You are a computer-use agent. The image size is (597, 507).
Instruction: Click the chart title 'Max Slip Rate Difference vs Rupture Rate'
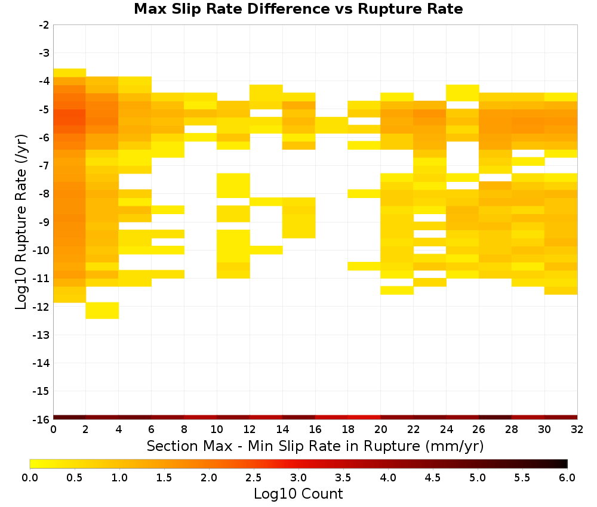[x=298, y=9]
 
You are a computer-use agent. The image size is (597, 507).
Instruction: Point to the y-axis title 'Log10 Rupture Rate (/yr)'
[x=21, y=222]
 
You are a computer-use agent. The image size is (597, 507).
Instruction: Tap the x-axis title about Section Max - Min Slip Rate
[x=315, y=446]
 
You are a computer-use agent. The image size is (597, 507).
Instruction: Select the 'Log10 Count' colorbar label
[x=298, y=494]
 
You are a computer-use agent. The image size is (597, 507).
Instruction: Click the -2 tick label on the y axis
[x=44, y=25]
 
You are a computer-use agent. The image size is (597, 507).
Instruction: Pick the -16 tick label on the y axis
[x=42, y=419]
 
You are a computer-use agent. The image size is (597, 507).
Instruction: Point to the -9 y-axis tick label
[x=44, y=222]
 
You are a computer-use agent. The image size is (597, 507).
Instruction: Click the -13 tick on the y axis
[x=42, y=335]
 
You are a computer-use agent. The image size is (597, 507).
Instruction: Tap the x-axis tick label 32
[x=577, y=430]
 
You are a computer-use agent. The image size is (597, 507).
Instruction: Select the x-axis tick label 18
[x=348, y=430]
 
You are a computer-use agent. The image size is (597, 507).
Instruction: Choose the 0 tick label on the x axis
[x=53, y=430]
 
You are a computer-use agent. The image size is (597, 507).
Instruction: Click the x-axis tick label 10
[x=217, y=430]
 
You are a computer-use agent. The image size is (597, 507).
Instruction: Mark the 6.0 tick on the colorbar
[x=567, y=478]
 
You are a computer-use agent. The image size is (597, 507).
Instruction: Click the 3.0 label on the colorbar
[x=298, y=478]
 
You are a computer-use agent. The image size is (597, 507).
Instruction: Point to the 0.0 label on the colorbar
[x=30, y=478]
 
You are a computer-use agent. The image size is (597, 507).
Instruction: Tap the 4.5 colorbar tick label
[x=433, y=478]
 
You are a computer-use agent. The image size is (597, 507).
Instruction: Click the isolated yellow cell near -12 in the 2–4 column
[x=102, y=310]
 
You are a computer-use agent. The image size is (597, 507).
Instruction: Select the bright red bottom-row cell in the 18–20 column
[x=364, y=418]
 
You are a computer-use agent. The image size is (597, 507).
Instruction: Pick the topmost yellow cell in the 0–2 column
[x=70, y=73]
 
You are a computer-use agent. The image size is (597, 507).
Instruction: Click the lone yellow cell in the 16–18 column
[x=331, y=125]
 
